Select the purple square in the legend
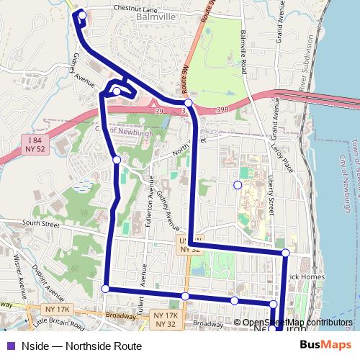click(9, 346)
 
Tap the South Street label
click(40, 224)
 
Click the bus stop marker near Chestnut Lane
click(82, 15)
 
